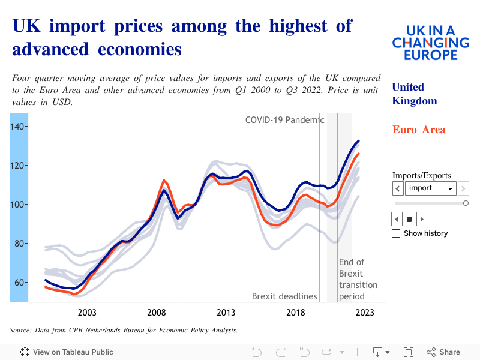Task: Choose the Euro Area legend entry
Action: point(419,130)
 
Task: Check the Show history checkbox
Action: point(396,233)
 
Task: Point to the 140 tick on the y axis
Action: point(18,126)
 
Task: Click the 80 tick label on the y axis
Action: point(18,243)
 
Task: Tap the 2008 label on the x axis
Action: point(157,313)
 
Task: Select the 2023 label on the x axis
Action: point(365,313)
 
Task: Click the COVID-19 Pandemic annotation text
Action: point(284,120)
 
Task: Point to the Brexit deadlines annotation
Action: point(284,296)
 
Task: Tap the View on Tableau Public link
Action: point(67,352)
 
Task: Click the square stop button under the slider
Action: point(409,219)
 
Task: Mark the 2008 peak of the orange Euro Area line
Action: point(164,180)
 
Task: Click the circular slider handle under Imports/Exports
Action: point(466,203)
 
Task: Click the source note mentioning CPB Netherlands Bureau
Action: point(124,330)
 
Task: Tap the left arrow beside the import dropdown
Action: point(398,188)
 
